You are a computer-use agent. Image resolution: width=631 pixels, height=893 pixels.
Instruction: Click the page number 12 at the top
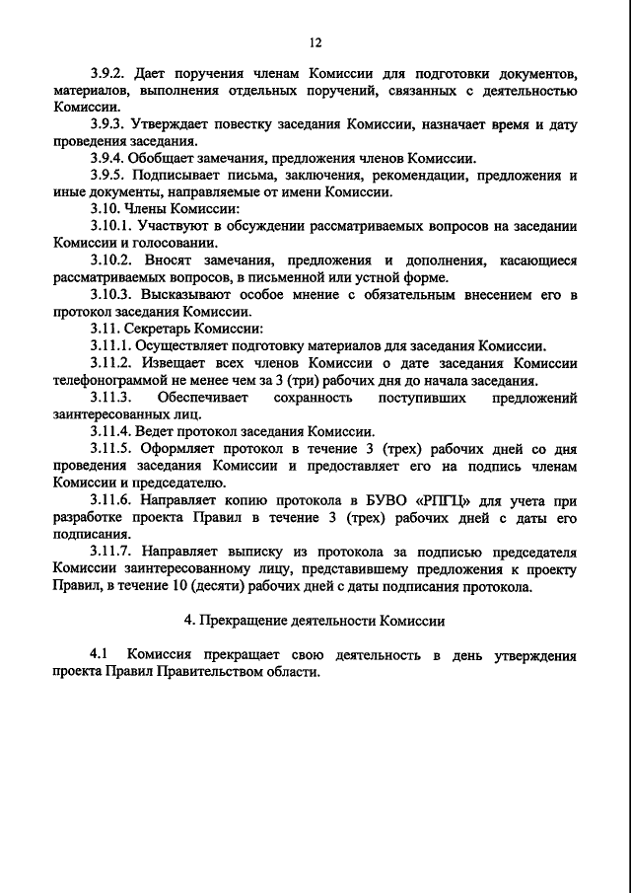point(315,42)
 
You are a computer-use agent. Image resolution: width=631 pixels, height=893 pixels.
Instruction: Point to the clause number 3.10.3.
point(111,294)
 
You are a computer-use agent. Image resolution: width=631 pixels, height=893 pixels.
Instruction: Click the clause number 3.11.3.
point(111,397)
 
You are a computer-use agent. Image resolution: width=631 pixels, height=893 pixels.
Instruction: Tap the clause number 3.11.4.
point(111,430)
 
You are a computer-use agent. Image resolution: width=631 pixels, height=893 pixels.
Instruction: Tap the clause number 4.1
point(99,655)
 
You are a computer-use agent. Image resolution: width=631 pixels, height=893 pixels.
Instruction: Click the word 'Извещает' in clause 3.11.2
point(169,363)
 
